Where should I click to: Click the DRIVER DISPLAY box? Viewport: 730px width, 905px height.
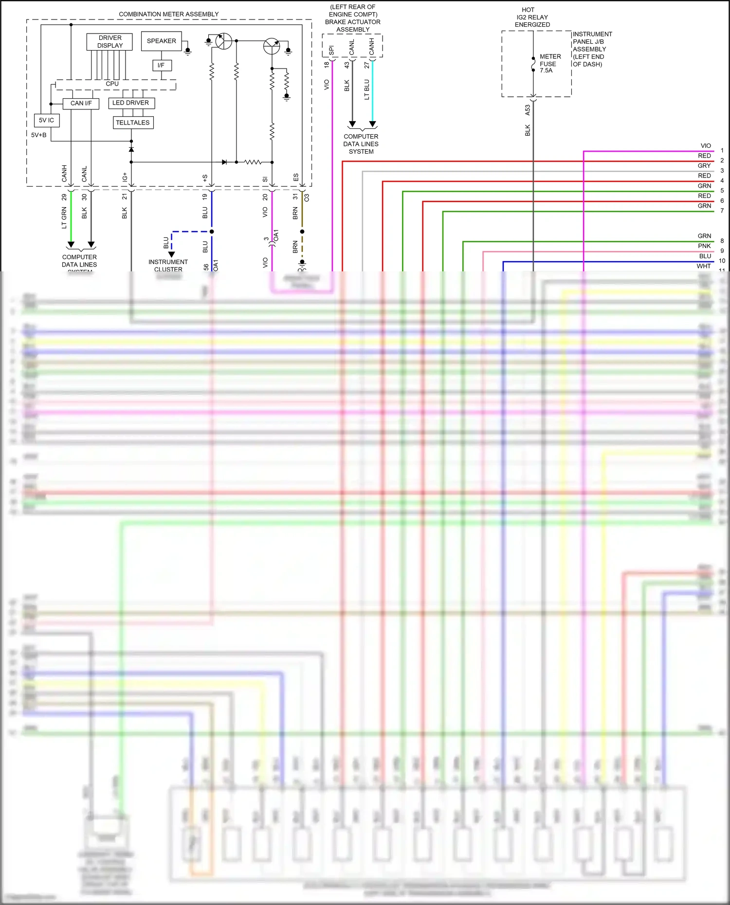tap(110, 42)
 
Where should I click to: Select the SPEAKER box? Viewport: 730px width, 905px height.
tap(162, 41)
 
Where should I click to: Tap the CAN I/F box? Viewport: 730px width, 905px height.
tap(81, 103)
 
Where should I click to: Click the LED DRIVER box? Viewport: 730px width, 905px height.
tap(131, 103)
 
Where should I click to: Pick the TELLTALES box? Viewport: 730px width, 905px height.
tap(133, 123)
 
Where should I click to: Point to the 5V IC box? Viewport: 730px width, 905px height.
tap(47, 120)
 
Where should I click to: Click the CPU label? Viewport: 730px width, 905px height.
tap(112, 84)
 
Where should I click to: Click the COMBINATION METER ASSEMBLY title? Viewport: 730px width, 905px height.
tap(168, 14)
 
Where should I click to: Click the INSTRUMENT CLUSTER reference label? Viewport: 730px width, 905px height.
tap(168, 265)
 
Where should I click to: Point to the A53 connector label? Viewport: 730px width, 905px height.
tap(528, 110)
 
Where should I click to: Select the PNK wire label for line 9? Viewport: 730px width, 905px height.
tap(704, 246)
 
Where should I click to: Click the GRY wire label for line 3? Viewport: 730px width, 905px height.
tap(704, 166)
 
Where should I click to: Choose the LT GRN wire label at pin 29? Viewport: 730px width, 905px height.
tap(64, 217)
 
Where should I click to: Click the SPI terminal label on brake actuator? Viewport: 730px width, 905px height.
tap(331, 50)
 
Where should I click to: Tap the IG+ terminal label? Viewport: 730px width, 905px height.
tap(125, 177)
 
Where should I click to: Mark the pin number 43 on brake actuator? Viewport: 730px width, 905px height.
tap(347, 65)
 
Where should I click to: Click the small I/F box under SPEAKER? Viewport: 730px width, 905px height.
tap(161, 65)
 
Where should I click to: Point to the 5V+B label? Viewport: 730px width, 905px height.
tap(39, 135)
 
